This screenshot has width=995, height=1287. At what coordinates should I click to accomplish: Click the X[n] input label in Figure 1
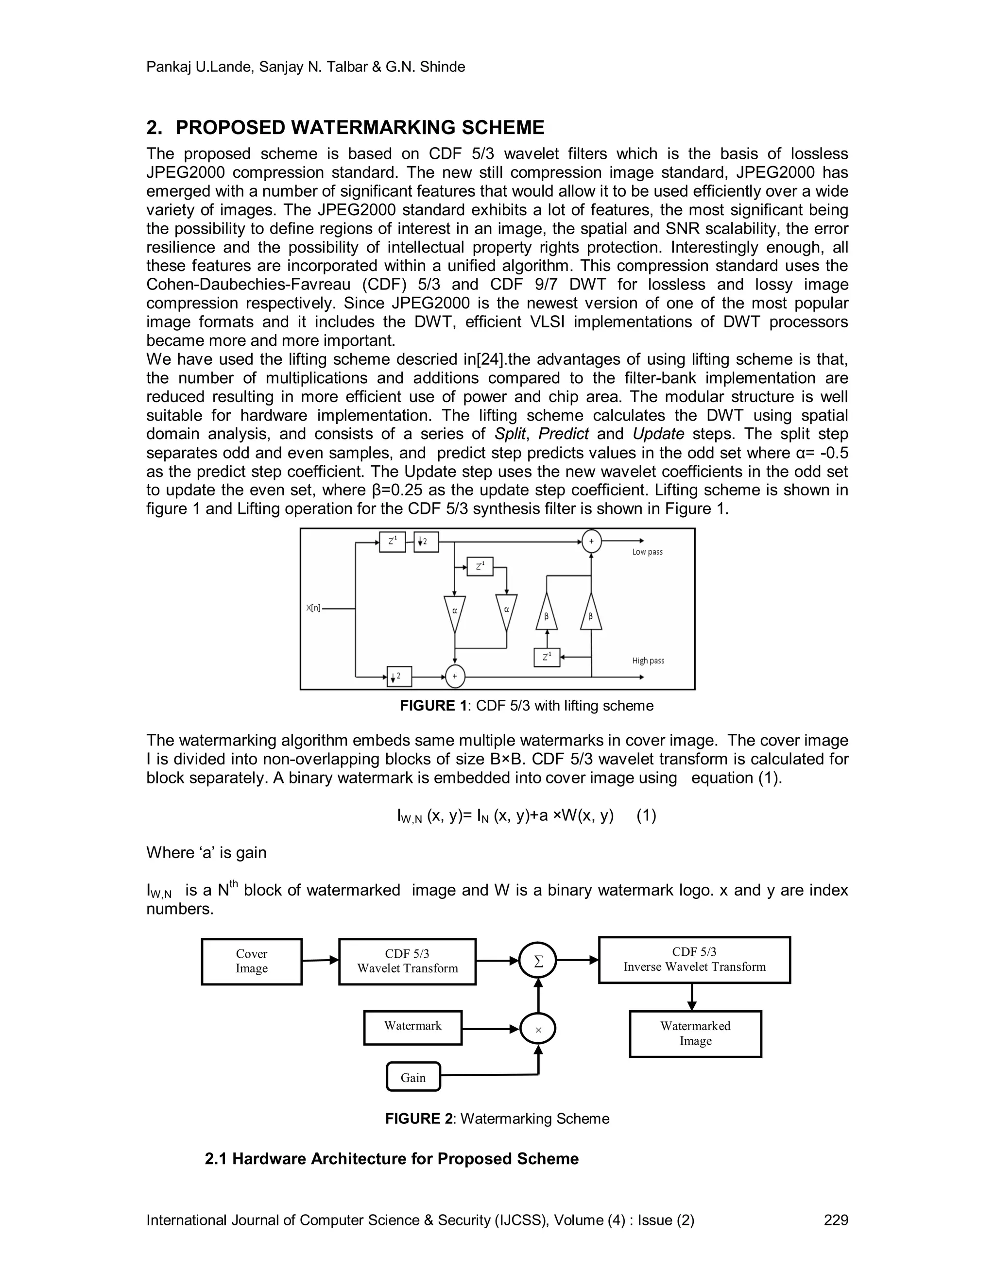click(313, 608)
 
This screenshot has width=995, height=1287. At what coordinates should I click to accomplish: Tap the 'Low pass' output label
click(647, 552)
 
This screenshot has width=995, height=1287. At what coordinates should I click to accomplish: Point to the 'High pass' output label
click(648, 660)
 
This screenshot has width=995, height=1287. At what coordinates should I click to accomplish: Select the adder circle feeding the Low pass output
click(591, 541)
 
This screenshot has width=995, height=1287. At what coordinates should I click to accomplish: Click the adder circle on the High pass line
click(454, 677)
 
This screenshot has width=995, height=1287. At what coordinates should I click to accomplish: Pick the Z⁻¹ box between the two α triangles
click(480, 566)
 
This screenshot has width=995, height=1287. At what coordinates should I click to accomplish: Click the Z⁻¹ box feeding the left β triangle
click(547, 657)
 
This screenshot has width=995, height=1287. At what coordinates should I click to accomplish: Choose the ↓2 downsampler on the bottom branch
click(399, 677)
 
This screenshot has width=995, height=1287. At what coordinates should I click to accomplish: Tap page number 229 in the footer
click(836, 1220)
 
